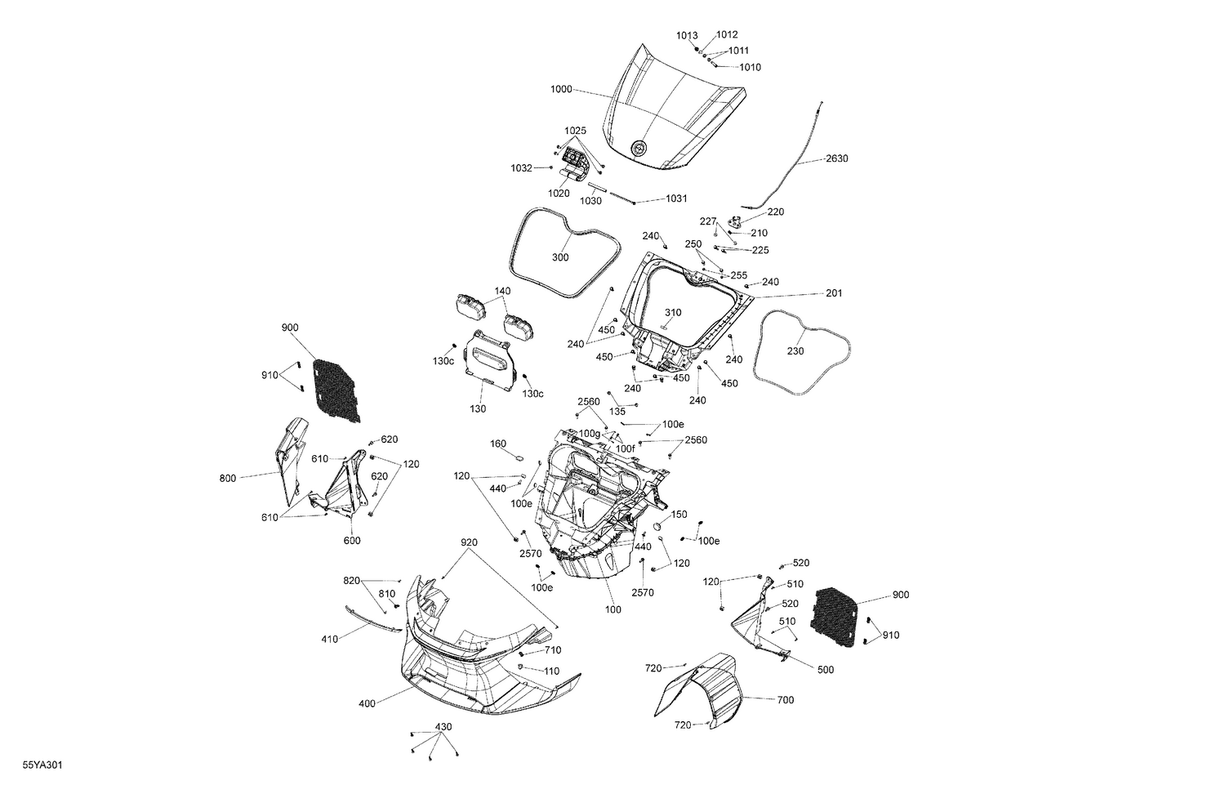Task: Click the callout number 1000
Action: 561,89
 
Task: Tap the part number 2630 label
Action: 836,158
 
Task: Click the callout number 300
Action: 560,257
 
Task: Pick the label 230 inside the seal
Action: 795,351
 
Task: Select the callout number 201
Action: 834,293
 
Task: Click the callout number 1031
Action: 676,198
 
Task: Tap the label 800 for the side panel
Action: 228,478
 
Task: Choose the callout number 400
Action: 367,703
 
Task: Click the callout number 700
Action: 785,700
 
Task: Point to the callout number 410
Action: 329,640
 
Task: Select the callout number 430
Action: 443,726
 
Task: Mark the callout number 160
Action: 498,444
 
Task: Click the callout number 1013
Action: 687,36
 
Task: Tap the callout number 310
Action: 672,313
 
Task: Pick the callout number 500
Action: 826,670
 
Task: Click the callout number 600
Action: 352,541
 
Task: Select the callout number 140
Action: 502,291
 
